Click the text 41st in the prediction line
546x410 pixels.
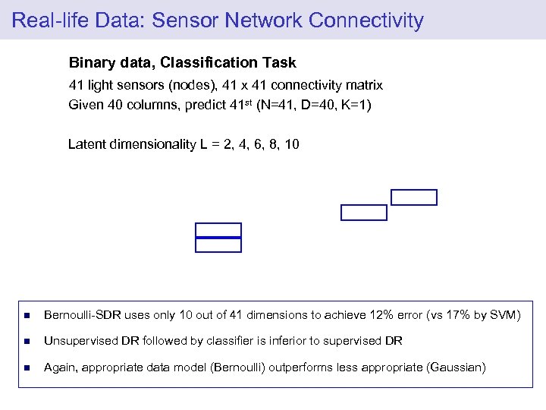[x=240, y=105]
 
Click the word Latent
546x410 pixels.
[x=87, y=144]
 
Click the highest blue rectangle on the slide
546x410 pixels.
[x=414, y=197]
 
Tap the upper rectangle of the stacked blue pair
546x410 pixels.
[x=218, y=230]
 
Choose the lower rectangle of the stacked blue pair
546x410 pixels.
[x=218, y=244]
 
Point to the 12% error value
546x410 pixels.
[x=384, y=315]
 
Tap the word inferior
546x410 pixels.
[x=286, y=342]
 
